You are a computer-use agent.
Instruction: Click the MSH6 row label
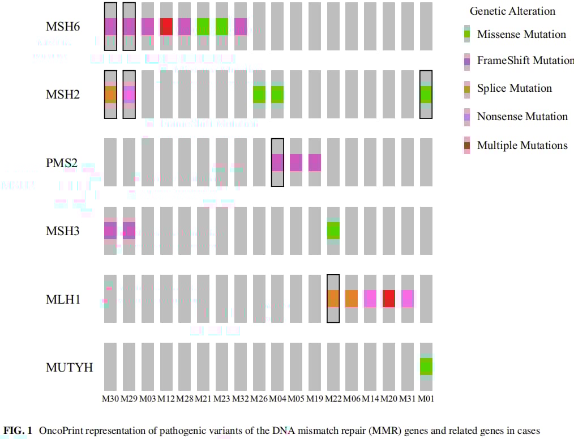point(63,27)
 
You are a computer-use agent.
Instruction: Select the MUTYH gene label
point(70,368)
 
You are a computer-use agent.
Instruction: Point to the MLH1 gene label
point(63,299)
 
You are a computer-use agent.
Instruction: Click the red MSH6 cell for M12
point(166,27)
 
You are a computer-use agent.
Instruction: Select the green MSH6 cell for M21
point(203,27)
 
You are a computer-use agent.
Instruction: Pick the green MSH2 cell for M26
point(259,95)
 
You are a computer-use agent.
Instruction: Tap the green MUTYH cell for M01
point(426,366)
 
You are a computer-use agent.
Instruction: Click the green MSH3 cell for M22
point(333,231)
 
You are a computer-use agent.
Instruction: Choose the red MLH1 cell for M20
point(389,299)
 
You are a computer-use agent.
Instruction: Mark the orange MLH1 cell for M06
point(352,299)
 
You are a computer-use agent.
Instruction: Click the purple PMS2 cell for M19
point(315,163)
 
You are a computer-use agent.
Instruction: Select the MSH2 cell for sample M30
point(110,95)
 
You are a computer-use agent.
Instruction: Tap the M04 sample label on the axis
point(277,399)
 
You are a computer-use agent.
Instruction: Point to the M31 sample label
point(407,399)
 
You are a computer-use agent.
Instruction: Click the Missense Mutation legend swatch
point(466,34)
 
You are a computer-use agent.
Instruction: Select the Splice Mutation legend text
point(514,88)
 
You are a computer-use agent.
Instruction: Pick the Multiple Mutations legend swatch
point(466,146)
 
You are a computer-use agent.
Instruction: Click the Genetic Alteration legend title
point(512,11)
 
